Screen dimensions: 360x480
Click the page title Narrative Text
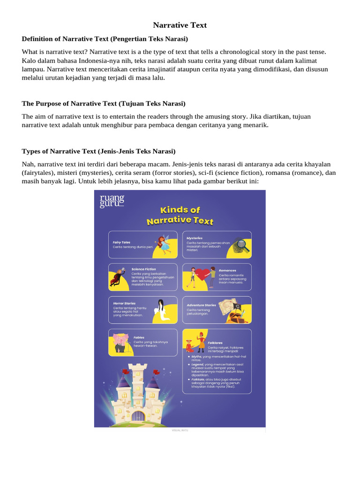[x=180, y=25]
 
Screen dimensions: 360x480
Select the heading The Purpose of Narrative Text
[x=104, y=103]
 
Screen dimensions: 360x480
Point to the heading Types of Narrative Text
[x=98, y=151]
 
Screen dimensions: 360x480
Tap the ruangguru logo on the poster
[x=112, y=200]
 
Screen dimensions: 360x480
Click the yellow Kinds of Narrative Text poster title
[x=180, y=215]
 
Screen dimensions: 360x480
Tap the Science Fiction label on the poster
[x=143, y=270]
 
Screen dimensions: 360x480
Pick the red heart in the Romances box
[x=203, y=274]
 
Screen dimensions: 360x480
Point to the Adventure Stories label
[x=201, y=305]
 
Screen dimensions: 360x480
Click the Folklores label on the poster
[x=215, y=343]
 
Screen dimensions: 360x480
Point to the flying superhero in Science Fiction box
[x=117, y=277]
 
